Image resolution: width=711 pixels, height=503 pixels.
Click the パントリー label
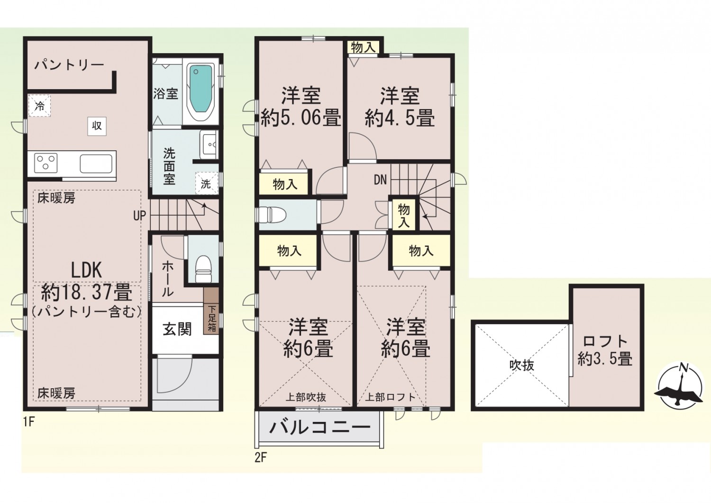(69, 65)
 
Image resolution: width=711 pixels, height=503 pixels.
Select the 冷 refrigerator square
(40, 106)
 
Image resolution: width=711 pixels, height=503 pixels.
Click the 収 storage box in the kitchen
(97, 126)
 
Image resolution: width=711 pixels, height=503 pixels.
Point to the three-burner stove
(46, 163)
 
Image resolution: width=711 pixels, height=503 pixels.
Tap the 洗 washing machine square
(206, 183)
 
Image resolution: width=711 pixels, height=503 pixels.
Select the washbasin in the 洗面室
(209, 145)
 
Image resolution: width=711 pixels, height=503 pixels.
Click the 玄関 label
(177, 329)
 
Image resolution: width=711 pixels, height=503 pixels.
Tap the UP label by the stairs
(139, 216)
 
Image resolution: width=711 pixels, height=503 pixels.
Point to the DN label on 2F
(380, 180)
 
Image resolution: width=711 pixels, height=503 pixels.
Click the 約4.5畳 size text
(399, 119)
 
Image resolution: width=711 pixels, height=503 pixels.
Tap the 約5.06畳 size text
(301, 118)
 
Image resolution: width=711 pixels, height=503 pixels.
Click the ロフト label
(605, 341)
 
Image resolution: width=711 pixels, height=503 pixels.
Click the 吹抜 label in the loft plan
(522, 366)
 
